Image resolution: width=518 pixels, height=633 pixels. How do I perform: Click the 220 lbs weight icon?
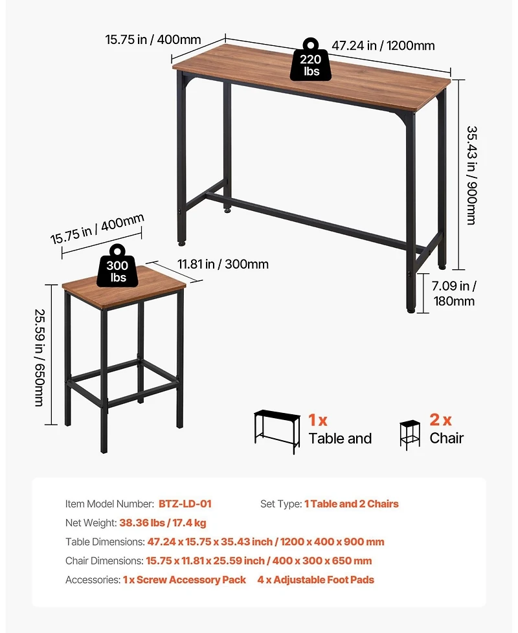[311, 61]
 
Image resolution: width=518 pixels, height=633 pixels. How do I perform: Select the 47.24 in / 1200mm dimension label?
[383, 45]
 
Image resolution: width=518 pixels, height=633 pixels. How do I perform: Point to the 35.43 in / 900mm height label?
[471, 175]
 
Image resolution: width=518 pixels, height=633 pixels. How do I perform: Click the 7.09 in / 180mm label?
[454, 293]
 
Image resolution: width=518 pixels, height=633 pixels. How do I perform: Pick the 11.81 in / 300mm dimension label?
[223, 264]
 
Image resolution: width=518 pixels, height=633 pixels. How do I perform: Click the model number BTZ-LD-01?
[185, 504]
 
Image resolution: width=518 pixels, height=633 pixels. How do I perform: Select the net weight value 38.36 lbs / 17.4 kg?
[163, 522]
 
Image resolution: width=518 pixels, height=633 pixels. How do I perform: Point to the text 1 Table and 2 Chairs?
[352, 504]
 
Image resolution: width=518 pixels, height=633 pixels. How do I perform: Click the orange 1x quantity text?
[318, 420]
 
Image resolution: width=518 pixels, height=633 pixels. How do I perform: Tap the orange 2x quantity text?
[440, 420]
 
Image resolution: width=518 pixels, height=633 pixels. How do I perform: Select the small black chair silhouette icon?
[409, 434]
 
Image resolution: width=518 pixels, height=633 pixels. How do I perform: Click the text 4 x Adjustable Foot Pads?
[315, 580]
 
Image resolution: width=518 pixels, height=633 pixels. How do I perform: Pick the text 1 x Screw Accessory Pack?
[185, 580]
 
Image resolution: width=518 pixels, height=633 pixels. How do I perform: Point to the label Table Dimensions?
[105, 542]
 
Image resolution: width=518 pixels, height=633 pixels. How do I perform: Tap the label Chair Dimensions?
[104, 561]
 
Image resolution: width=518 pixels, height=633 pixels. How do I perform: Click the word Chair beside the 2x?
[447, 438]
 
